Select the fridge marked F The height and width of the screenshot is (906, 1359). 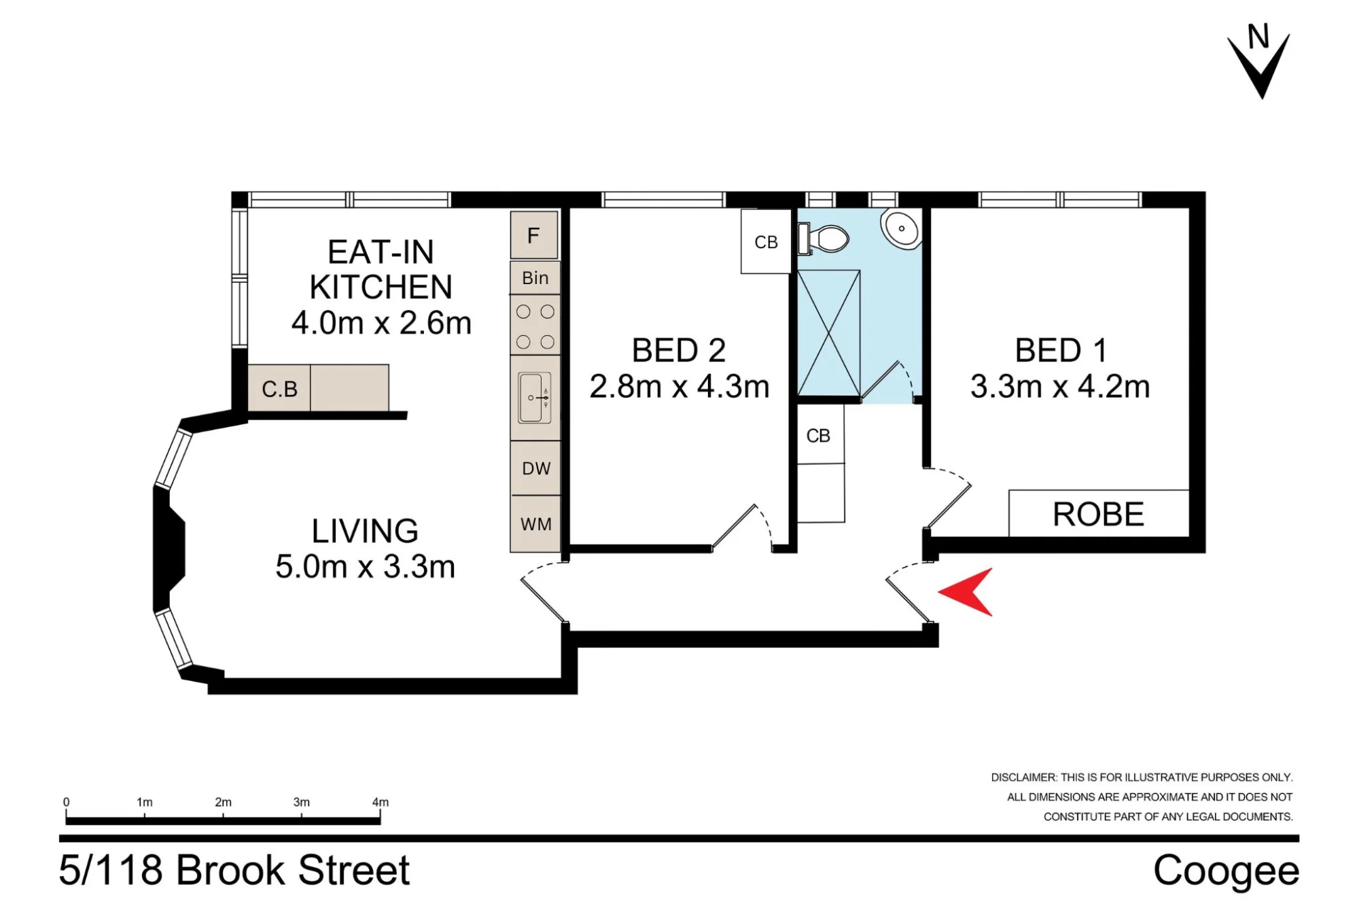tap(534, 235)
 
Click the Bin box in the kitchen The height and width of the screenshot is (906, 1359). tap(535, 278)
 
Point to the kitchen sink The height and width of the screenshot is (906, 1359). tap(535, 398)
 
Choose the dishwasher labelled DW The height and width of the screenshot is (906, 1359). tap(536, 468)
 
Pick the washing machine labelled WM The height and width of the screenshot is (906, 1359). tap(536, 524)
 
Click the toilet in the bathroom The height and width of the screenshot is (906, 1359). tap(824, 239)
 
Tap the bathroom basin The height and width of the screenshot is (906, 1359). tap(902, 228)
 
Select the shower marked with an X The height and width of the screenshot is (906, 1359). tap(828, 333)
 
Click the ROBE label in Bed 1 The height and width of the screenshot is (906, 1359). tap(1098, 515)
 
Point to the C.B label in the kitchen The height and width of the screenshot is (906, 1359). tap(279, 389)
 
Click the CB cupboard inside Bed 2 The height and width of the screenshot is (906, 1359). tap(766, 241)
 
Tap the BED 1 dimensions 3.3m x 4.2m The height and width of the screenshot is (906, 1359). tap(1060, 387)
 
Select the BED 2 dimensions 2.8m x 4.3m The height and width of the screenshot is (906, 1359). tap(679, 387)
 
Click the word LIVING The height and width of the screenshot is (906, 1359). tap(365, 532)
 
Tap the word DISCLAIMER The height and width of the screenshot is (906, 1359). tap(1024, 778)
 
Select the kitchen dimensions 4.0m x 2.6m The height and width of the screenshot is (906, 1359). tap(381, 323)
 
